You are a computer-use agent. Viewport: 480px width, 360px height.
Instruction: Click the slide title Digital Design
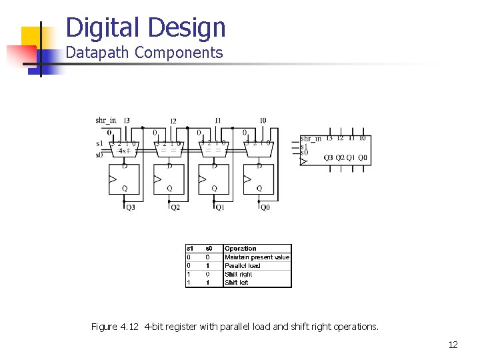146,27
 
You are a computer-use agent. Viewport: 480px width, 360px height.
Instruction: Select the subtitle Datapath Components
144,53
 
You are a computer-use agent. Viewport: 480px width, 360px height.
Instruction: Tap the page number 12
453,345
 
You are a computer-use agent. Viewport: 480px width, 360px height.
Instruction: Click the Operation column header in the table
241,249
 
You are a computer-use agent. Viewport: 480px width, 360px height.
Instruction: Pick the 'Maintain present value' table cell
257,257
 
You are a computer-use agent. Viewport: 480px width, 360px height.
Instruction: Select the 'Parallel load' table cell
243,266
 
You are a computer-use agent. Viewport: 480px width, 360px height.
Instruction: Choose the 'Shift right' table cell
239,274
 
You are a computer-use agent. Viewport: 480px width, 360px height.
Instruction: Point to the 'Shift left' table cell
237,283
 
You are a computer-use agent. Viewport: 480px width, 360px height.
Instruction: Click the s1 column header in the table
190,249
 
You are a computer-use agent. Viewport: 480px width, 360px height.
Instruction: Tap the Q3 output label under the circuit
130,207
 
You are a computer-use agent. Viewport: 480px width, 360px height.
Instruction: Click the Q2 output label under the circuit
175,207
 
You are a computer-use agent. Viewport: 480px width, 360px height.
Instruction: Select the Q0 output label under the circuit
265,207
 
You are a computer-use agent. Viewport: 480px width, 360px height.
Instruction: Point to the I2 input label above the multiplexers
173,121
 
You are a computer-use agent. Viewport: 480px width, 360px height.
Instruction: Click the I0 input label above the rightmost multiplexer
263,121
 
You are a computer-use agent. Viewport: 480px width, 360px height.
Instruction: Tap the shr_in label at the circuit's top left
106,121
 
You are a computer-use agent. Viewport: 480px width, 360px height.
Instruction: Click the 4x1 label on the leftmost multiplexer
123,151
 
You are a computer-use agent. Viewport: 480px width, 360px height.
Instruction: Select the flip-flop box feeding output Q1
214,179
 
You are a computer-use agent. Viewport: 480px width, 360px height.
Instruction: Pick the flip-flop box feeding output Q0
259,179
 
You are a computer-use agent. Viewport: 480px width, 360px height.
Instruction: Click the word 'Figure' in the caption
103,327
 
